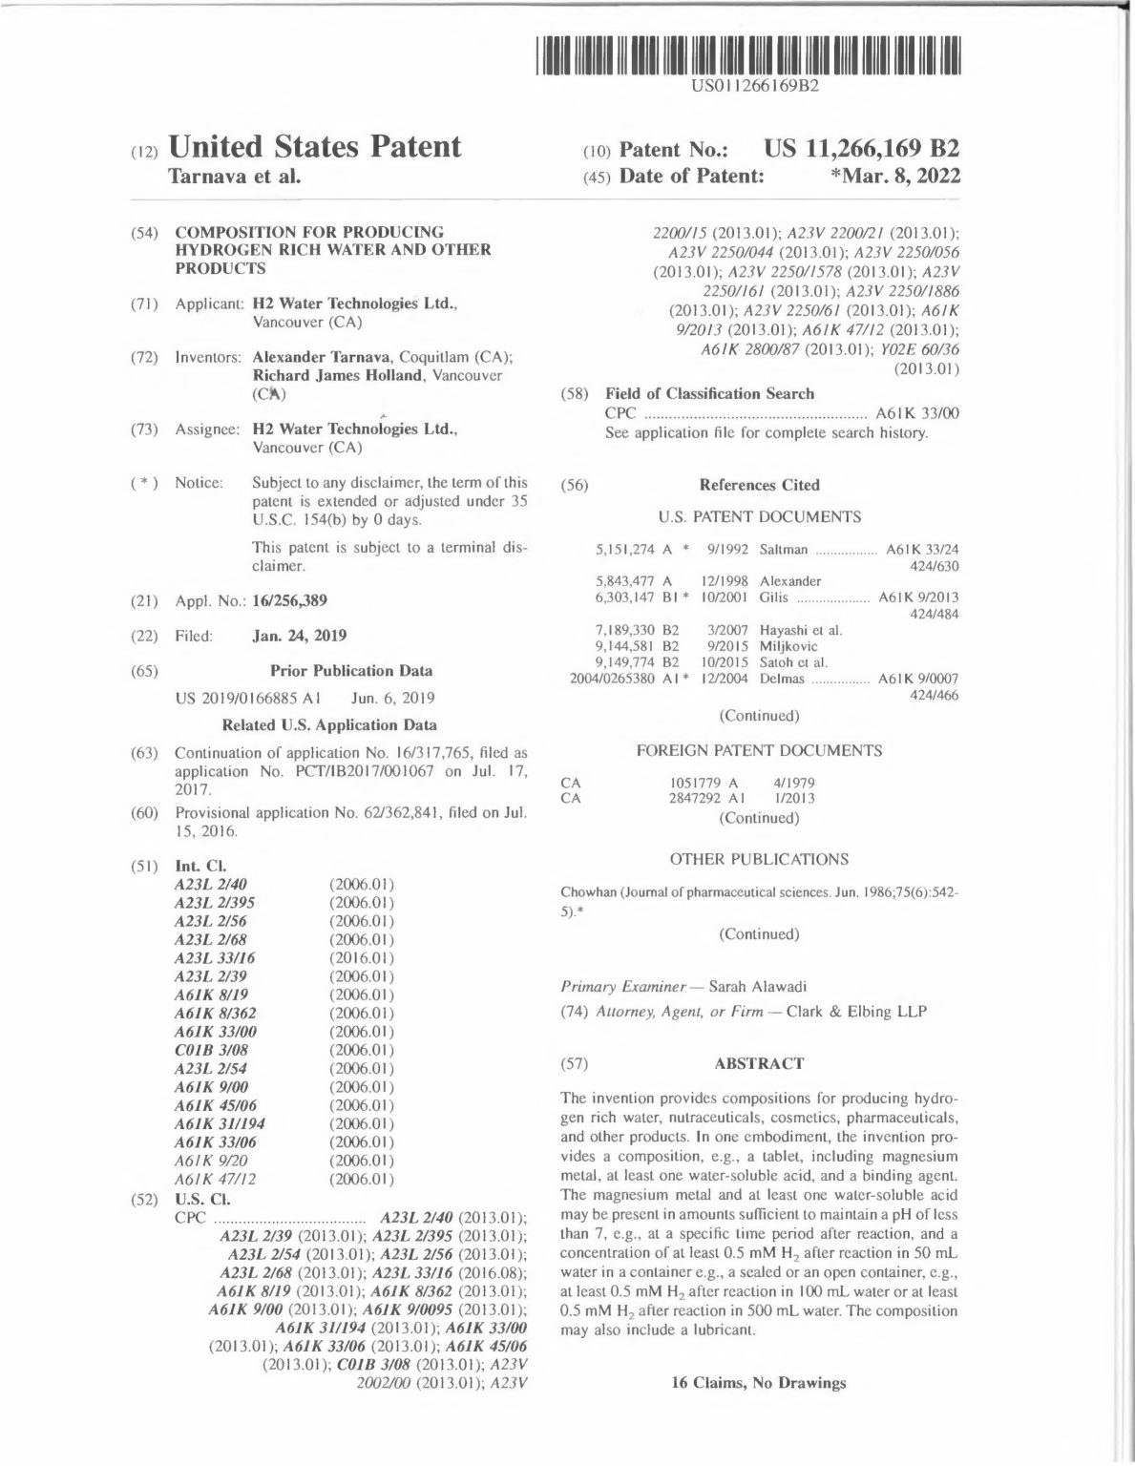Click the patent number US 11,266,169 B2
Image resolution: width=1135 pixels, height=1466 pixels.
coord(861,149)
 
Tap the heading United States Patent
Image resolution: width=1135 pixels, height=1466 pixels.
coord(314,146)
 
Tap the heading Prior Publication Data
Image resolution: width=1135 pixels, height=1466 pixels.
coord(350,671)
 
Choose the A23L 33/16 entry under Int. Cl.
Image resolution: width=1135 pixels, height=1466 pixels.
coord(215,958)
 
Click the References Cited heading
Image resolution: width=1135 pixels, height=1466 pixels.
coord(759,485)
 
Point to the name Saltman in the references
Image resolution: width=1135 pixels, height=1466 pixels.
coord(784,550)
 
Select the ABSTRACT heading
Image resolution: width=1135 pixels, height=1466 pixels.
coord(759,1063)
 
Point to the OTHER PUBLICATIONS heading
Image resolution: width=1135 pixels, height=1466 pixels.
coord(759,859)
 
